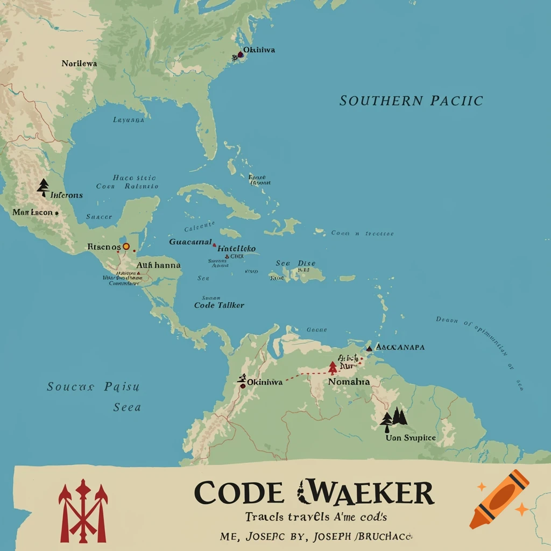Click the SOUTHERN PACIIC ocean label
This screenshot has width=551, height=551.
(x=411, y=101)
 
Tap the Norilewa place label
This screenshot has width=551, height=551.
(x=79, y=63)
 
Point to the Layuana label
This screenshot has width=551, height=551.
(x=128, y=120)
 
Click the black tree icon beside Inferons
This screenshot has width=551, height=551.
(x=44, y=187)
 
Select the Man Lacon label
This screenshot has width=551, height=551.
(x=33, y=213)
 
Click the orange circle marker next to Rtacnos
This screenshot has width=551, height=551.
(x=126, y=246)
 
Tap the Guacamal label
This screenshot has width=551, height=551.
(x=190, y=242)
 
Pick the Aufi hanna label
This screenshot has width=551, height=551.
(x=158, y=265)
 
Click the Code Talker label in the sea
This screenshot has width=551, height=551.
(x=219, y=305)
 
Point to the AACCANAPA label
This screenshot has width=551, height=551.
(x=400, y=347)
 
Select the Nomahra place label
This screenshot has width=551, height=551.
(x=349, y=381)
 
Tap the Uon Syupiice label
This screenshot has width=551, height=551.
(x=411, y=438)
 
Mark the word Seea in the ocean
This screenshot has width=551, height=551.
(x=127, y=407)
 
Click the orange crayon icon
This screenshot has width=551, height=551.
(x=499, y=498)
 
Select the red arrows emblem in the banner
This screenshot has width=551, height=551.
(x=83, y=510)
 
